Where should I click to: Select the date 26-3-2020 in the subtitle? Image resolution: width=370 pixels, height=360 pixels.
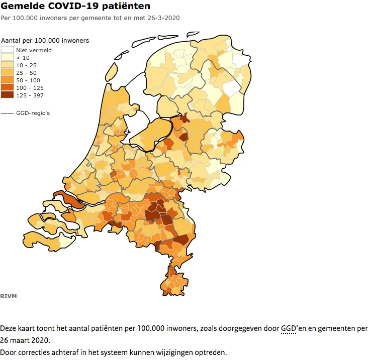(x=163, y=18)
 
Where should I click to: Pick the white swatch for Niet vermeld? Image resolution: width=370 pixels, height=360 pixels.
(x=8, y=50)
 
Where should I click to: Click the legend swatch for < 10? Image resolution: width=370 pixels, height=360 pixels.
(x=8, y=58)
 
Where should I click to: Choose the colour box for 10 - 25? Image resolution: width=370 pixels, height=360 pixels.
(x=8, y=65)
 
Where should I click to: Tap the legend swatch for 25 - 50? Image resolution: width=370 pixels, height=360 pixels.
(x=8, y=73)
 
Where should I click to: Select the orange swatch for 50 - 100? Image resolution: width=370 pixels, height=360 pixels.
(x=8, y=80)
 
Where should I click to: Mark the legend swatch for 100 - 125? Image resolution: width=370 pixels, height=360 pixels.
(x=8, y=88)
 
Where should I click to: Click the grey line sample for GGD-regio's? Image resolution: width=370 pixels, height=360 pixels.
(x=8, y=113)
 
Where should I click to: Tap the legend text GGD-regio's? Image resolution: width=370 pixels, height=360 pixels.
(x=33, y=113)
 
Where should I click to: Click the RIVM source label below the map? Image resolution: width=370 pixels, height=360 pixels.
(x=9, y=296)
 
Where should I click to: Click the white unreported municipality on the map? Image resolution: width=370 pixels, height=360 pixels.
(x=232, y=89)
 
